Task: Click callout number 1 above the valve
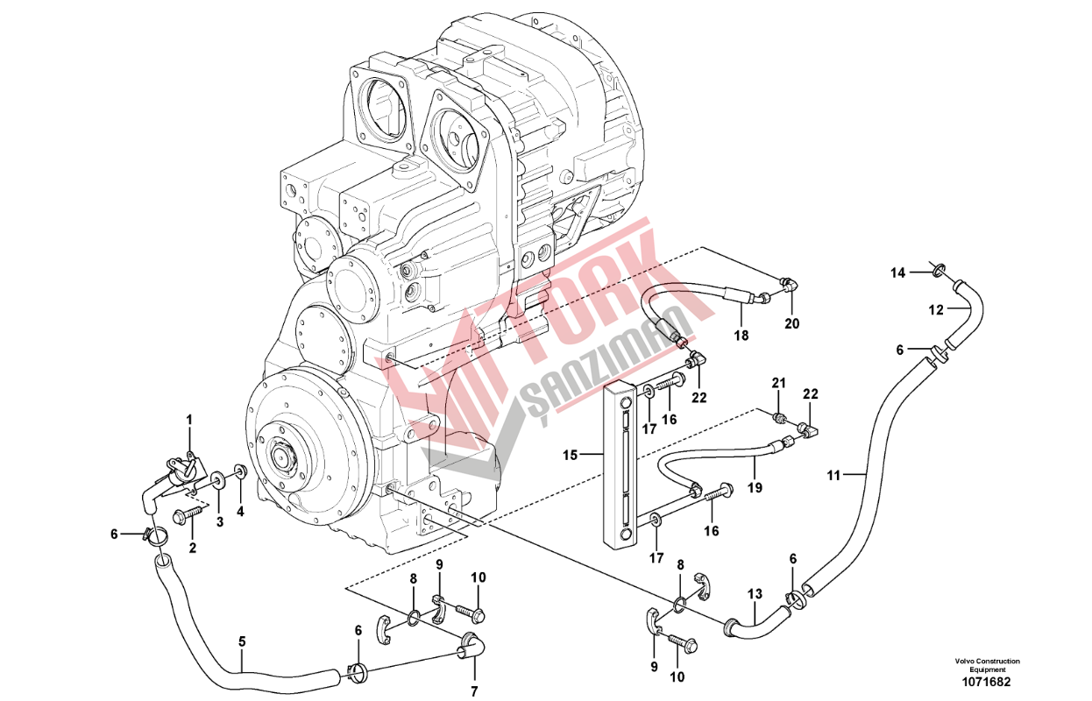(x=189, y=420)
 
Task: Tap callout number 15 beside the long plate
(x=570, y=456)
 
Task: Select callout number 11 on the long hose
(x=833, y=475)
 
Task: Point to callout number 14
(x=897, y=273)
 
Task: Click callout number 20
(x=792, y=323)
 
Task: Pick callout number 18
(x=741, y=336)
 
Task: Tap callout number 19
(x=755, y=487)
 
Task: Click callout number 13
(x=755, y=594)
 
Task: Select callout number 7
(x=474, y=691)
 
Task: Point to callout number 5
(x=242, y=642)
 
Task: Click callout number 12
(x=936, y=310)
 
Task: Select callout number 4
(x=240, y=512)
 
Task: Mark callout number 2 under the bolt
(x=193, y=548)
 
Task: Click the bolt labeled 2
(x=188, y=514)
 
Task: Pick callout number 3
(x=220, y=521)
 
